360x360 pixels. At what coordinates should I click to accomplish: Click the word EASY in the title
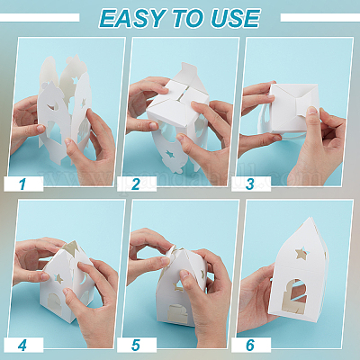coord(133,18)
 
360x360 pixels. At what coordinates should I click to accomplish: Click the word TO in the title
coord(189,18)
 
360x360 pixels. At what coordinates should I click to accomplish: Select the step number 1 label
coord(23,184)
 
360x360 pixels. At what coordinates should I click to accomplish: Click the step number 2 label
coord(137,184)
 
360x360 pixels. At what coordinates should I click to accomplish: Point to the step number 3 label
coord(251,184)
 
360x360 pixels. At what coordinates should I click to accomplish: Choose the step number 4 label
coord(23,345)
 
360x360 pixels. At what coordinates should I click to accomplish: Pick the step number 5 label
coord(137,345)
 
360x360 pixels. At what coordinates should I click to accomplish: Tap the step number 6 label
coord(251,345)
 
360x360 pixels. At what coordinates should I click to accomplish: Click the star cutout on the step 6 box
coord(301,254)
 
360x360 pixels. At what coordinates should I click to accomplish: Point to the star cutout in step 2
coord(170,155)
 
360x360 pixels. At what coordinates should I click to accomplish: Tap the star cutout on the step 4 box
coord(59,278)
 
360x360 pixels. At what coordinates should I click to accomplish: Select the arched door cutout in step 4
coord(54,303)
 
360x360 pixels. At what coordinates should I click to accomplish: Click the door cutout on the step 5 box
coord(178,314)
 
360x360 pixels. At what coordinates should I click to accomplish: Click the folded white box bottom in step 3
coord(293,108)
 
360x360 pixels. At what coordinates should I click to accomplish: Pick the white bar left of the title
coord(40,18)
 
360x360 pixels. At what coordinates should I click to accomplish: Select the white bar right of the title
coord(320,18)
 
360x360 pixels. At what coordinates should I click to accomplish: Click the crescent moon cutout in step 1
coord(54,105)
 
